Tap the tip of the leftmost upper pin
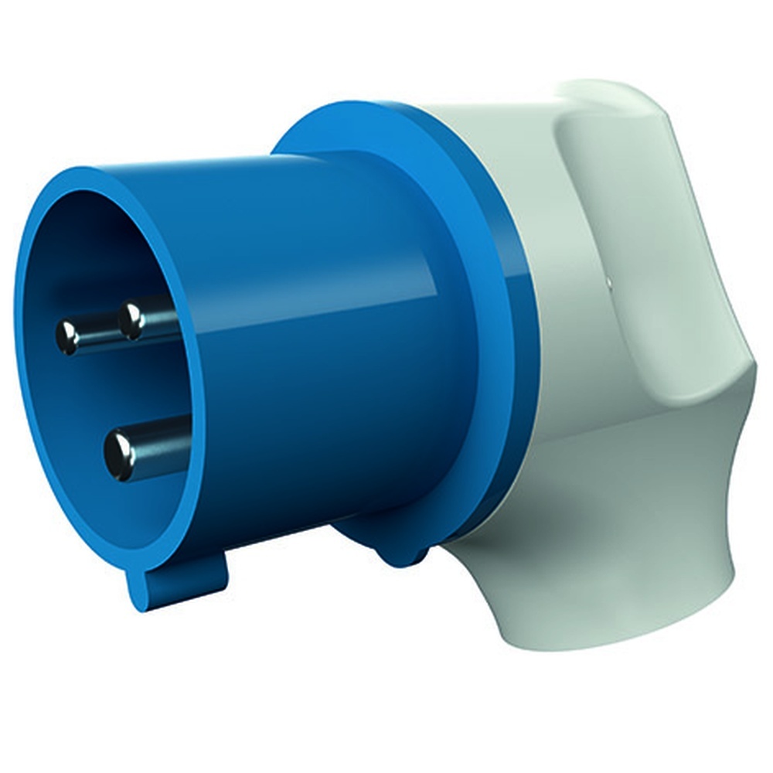(68, 337)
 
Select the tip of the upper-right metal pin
(132, 319)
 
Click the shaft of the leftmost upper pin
(97, 332)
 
